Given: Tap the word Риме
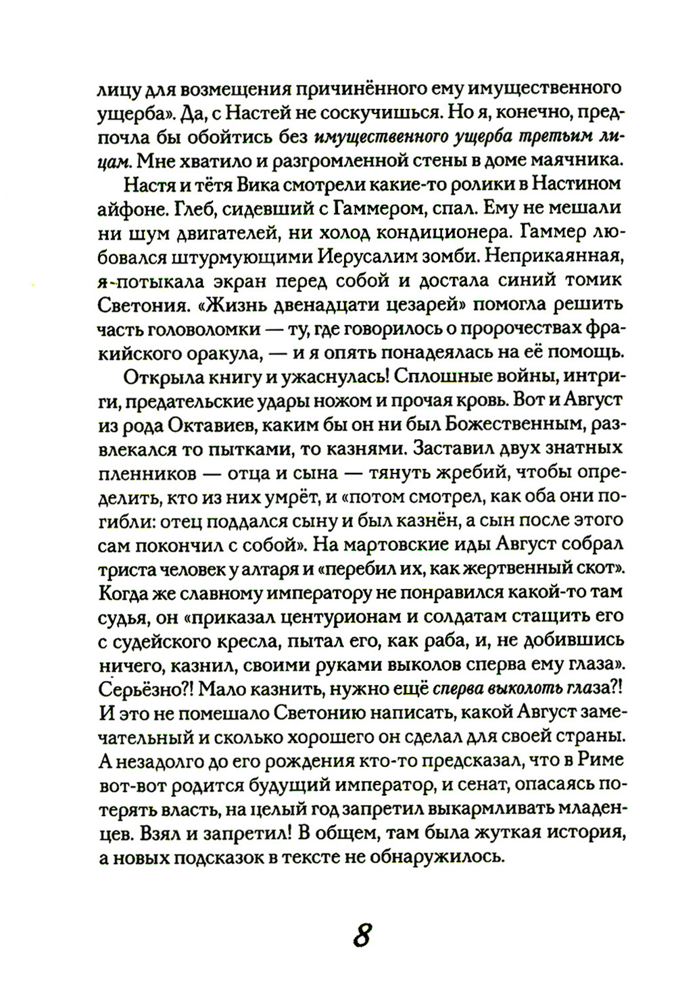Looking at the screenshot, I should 600,761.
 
